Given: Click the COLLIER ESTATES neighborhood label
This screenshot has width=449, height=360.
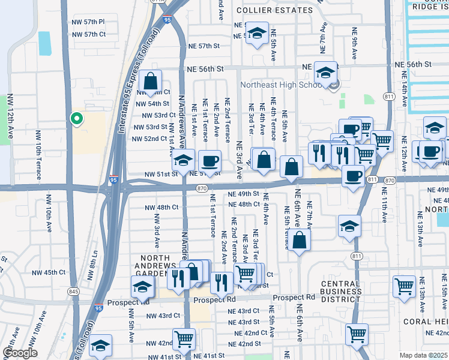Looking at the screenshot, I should (x=274, y=10).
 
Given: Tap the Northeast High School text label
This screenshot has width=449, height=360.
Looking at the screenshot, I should (x=282, y=85).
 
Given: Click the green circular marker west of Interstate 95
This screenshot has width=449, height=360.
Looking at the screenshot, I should (x=76, y=119).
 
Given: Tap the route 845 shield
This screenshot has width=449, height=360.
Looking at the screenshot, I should (x=73, y=292).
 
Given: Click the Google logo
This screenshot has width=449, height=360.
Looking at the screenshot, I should (x=20, y=353).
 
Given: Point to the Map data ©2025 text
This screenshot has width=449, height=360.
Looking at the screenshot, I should (x=424, y=355).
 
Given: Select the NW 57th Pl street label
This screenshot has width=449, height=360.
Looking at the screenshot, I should (x=88, y=22).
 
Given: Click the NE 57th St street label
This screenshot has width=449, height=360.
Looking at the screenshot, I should (x=201, y=46).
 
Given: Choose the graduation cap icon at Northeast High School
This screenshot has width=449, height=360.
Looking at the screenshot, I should (x=325, y=74).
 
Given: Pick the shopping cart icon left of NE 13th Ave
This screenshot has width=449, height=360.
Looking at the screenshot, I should (x=404, y=286).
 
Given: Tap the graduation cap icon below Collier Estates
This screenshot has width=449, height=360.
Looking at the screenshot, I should (x=257, y=35).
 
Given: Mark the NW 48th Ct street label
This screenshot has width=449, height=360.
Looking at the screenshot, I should (x=161, y=208).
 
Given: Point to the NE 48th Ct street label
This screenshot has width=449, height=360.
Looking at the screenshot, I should (x=244, y=204).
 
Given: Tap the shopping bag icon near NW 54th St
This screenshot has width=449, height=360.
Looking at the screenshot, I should (x=151, y=80).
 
